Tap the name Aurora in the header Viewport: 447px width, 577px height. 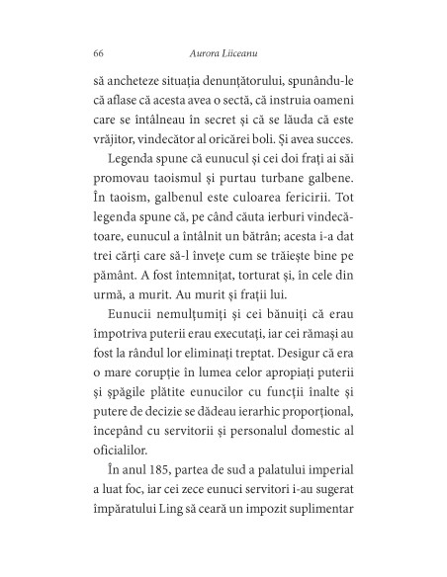pos(206,52)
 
